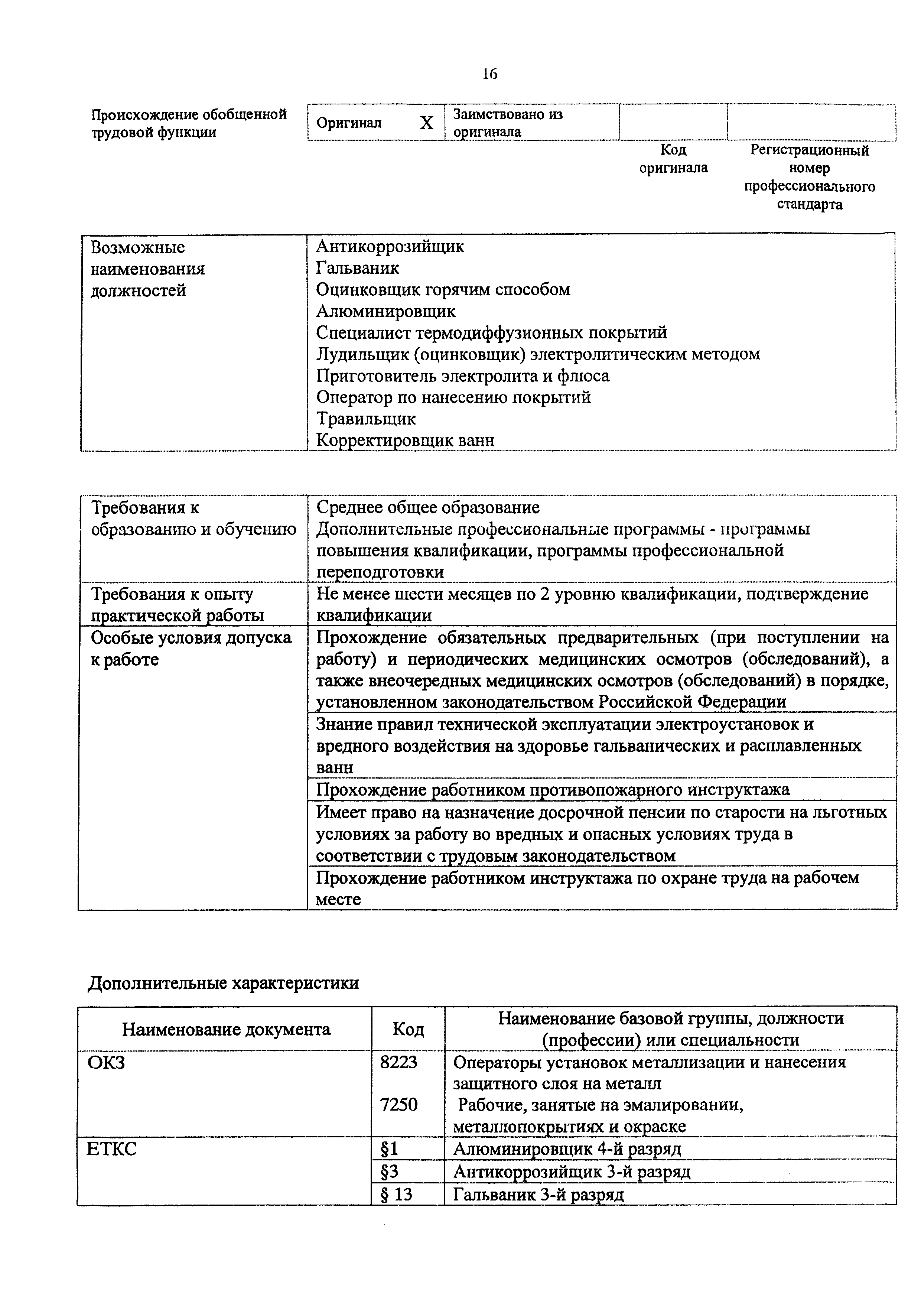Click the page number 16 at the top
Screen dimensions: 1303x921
[x=490, y=74]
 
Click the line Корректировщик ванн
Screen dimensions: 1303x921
[x=405, y=441]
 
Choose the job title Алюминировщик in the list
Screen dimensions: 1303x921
[x=385, y=311]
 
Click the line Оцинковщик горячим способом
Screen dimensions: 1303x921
[x=443, y=289]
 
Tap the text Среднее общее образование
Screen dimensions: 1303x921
[x=427, y=507]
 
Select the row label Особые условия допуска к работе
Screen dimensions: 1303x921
[x=191, y=648]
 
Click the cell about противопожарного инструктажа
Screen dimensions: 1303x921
[x=552, y=789]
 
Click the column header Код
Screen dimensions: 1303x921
[x=408, y=1029]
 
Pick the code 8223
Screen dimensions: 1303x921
[x=398, y=1062]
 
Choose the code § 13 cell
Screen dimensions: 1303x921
[x=396, y=1195]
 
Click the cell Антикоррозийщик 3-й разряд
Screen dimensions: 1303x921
[x=572, y=1172]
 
